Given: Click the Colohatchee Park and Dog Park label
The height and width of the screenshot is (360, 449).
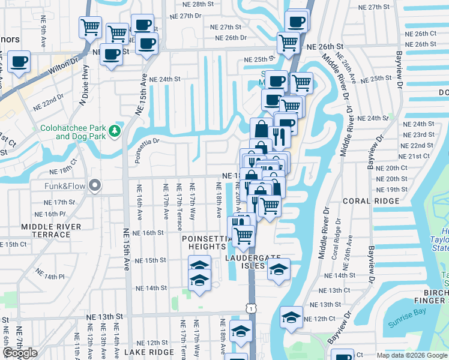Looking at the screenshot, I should pos(71,132).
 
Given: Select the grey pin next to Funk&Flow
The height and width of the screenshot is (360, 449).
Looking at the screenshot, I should pos(93,185).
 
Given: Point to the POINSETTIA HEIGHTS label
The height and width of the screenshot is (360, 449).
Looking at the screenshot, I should pos(206,243).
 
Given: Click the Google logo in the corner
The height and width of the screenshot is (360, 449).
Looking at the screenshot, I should pos(20,353).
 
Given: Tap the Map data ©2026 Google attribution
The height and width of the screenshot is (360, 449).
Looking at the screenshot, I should pos(411,355).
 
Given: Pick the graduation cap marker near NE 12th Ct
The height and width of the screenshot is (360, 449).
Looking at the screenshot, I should pos(291,318).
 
